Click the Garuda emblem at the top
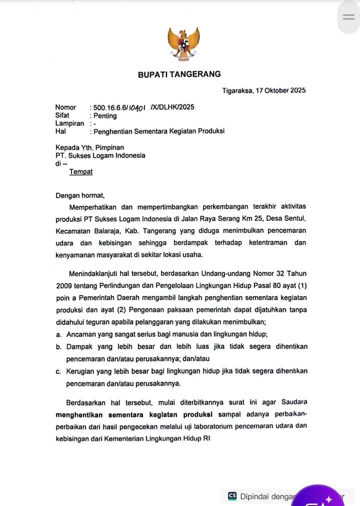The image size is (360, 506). coord(183,44)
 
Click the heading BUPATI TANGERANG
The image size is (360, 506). coord(179,74)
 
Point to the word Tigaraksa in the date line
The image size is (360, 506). coord(237,91)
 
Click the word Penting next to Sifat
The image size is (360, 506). coord(105,116)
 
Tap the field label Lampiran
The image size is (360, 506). coord(69,124)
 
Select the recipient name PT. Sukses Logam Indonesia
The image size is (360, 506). coord(100,155)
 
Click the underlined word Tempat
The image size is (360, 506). coord(81,172)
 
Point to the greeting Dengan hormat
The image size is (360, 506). coord(80,196)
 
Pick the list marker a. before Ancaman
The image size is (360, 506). coord(59,334)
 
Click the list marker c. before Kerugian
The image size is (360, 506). coord(58,371)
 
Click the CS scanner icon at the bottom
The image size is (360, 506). coord(232,496)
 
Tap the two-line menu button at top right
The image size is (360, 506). coord(348,17)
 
